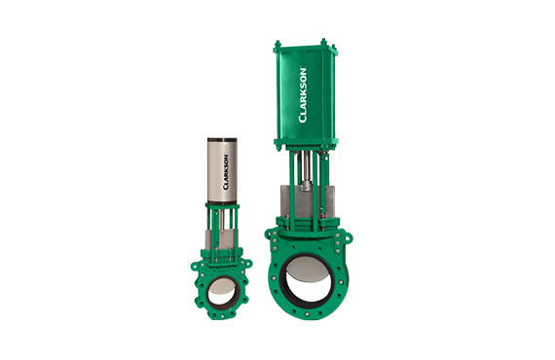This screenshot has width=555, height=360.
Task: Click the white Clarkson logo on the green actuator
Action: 303,95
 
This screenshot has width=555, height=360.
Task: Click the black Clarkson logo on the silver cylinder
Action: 226,171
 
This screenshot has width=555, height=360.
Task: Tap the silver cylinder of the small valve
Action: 222,171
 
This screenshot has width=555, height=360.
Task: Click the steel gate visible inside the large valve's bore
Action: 306,268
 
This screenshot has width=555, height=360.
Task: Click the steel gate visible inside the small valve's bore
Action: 220,284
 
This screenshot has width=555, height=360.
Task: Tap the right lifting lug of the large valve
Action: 348,235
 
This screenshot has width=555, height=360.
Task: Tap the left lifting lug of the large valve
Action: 269,234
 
